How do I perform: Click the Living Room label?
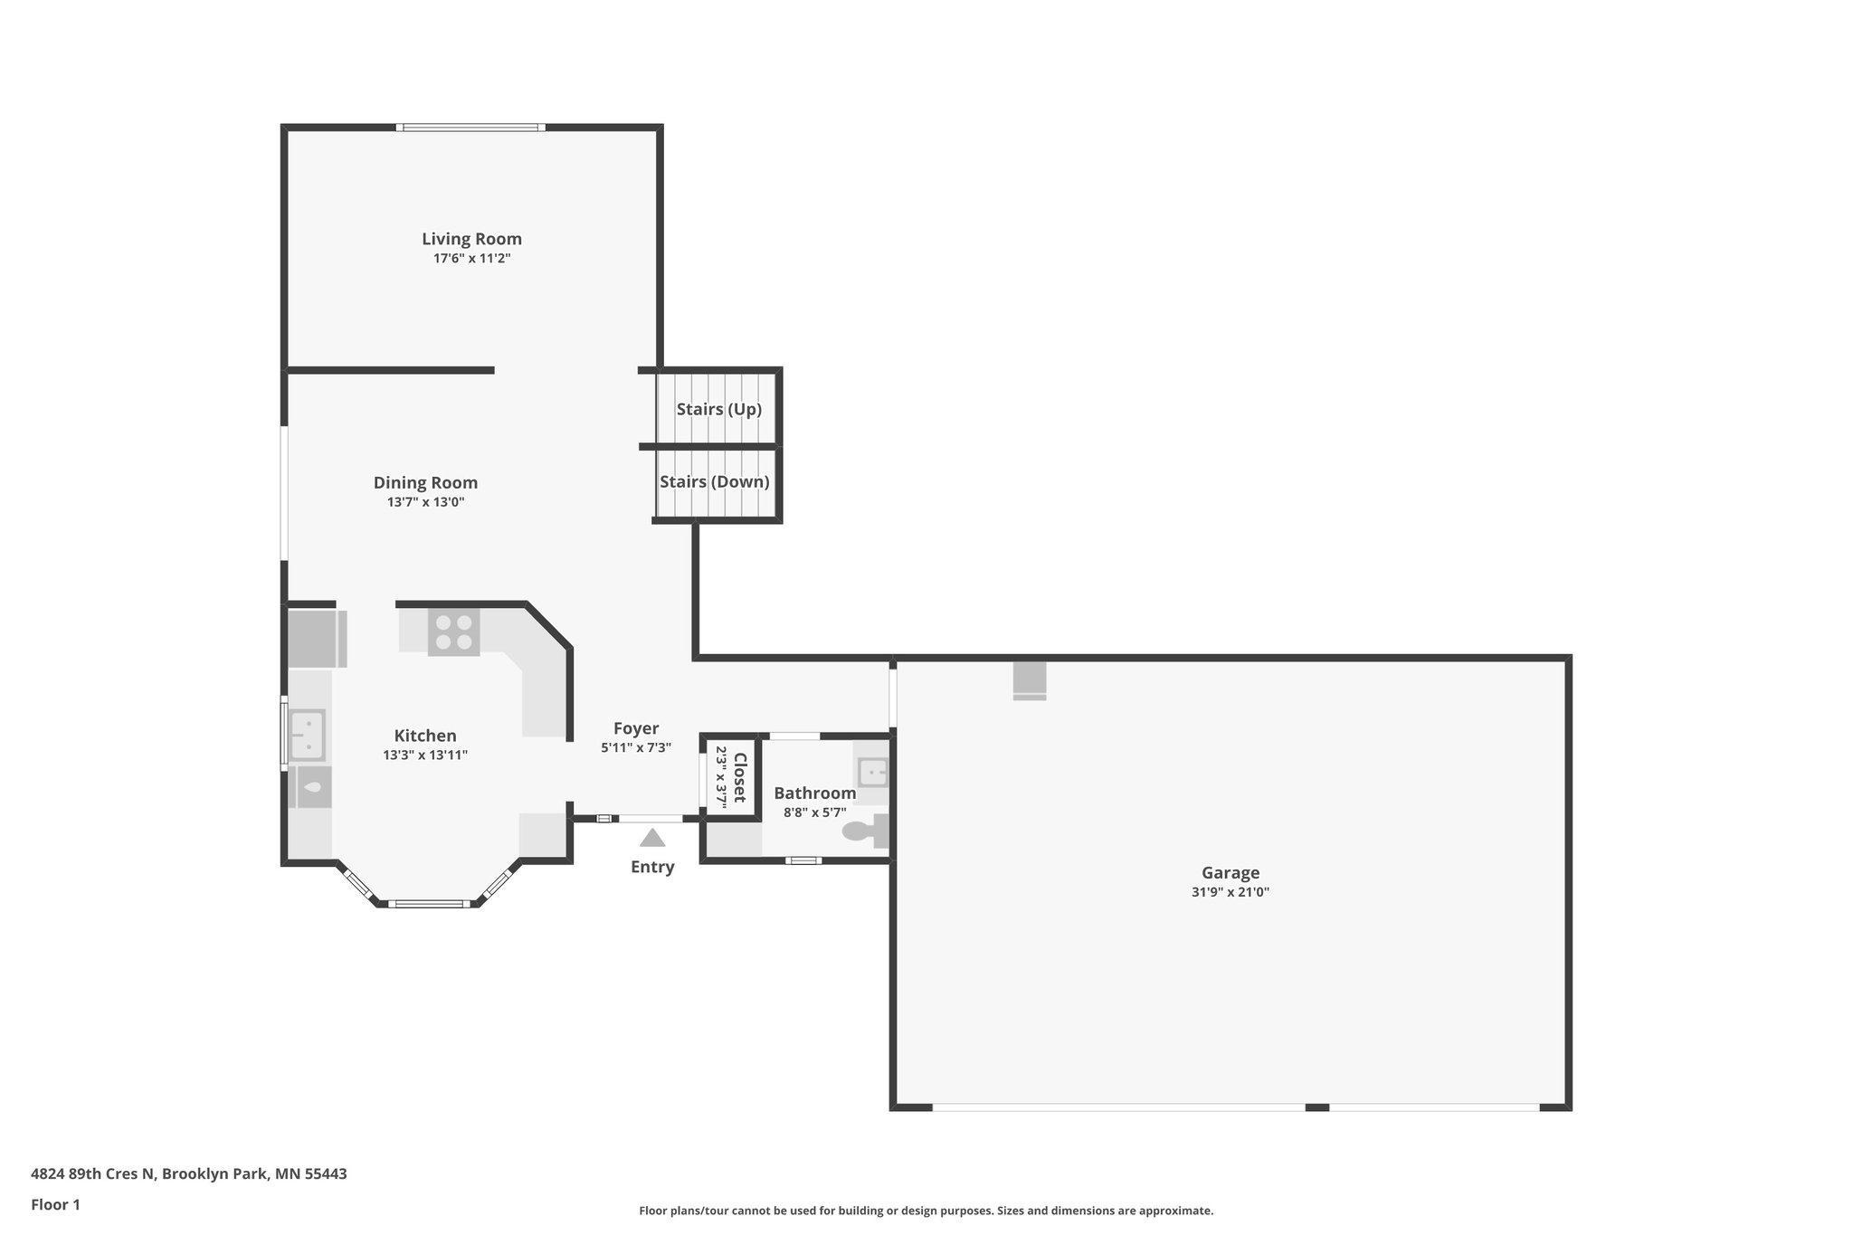tap(471, 239)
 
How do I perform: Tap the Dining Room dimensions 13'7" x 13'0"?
tap(425, 502)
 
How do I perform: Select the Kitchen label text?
tap(425, 736)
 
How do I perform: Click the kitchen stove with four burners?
tap(454, 632)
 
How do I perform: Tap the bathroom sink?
tap(872, 773)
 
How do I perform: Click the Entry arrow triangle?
tap(652, 838)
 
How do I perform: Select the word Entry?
tap(652, 867)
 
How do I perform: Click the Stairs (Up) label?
tap(719, 409)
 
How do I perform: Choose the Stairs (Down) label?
tap(715, 481)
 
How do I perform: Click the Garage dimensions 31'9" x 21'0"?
tap(1231, 892)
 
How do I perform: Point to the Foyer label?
tap(636, 728)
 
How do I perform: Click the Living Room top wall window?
tap(470, 128)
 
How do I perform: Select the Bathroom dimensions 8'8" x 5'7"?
tap(815, 812)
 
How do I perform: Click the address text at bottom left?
tap(189, 1174)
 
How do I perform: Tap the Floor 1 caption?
tap(56, 1204)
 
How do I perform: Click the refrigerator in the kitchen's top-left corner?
tap(317, 639)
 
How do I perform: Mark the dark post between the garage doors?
tap(1317, 1107)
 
